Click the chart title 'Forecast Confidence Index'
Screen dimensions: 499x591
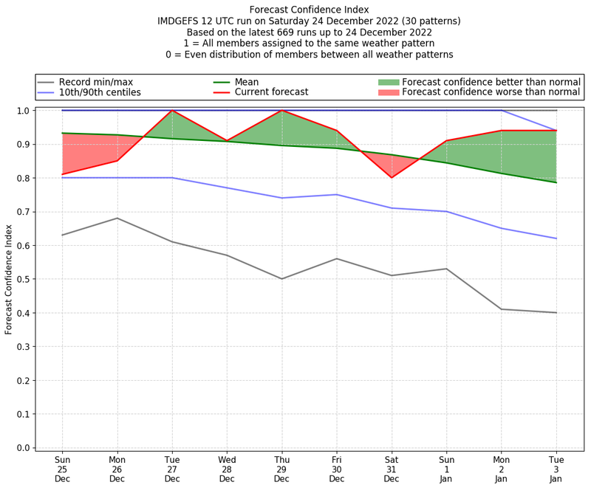coord(309,10)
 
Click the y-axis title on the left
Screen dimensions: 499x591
coord(10,278)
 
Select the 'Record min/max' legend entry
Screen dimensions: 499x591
coord(95,81)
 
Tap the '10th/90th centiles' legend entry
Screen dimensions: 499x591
coord(100,92)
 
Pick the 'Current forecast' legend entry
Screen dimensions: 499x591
coord(271,92)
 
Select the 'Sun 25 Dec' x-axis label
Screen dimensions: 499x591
coord(62,469)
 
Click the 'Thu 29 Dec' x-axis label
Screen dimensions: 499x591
coord(281,469)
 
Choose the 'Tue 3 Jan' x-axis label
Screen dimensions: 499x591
coord(556,469)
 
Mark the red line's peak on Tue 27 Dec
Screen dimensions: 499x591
coord(172,111)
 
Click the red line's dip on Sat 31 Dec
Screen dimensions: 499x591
coord(392,178)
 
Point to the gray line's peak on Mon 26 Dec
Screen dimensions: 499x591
coord(117,218)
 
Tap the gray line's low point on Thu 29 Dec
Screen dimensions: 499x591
coord(281,279)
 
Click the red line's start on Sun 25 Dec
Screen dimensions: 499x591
coord(62,174)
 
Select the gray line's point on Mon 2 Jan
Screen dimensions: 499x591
coord(502,309)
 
